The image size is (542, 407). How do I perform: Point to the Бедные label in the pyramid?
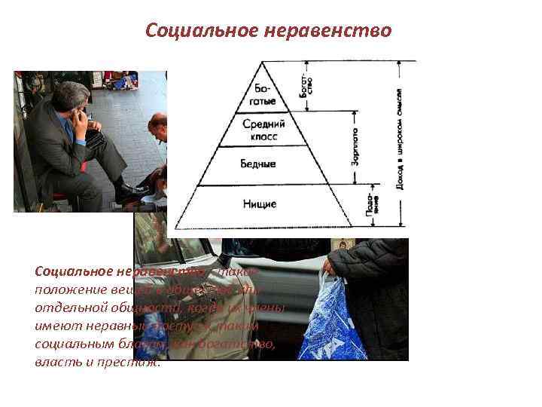coord(258,164)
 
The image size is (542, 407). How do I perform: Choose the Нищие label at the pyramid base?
coord(260,203)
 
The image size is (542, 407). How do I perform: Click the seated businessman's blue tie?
coord(70,136)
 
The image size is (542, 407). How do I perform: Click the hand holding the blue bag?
coord(330,271)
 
